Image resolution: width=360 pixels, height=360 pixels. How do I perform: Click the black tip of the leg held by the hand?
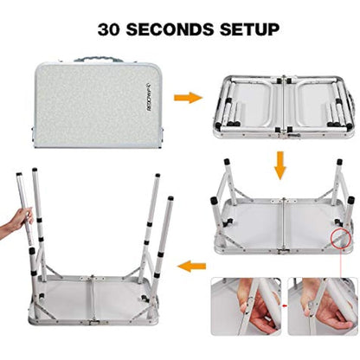[x=19, y=177]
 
